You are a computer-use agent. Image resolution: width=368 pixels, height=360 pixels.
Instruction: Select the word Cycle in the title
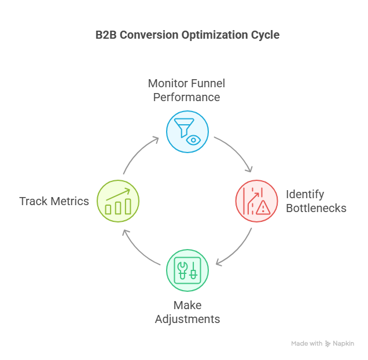click(x=264, y=35)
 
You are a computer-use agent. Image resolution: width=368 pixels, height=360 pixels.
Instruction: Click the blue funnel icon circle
click(x=187, y=132)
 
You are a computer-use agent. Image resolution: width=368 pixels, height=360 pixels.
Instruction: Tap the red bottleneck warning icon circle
click(x=256, y=201)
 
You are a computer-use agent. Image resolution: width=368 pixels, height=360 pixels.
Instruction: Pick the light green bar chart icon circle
click(x=118, y=201)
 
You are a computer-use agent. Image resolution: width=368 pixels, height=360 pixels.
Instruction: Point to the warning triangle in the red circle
click(x=263, y=208)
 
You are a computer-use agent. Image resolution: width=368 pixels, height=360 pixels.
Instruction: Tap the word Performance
click(x=186, y=97)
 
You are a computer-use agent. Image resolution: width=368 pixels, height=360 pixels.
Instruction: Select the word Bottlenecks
click(x=316, y=208)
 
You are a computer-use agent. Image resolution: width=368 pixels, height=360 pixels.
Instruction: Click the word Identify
click(x=305, y=195)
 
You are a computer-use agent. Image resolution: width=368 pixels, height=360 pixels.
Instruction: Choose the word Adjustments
click(x=187, y=319)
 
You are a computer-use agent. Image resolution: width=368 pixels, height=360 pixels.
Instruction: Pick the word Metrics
click(x=69, y=201)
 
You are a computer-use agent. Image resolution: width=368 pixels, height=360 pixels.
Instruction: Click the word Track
click(x=33, y=201)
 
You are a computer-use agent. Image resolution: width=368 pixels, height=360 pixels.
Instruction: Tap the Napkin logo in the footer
click(x=340, y=343)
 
